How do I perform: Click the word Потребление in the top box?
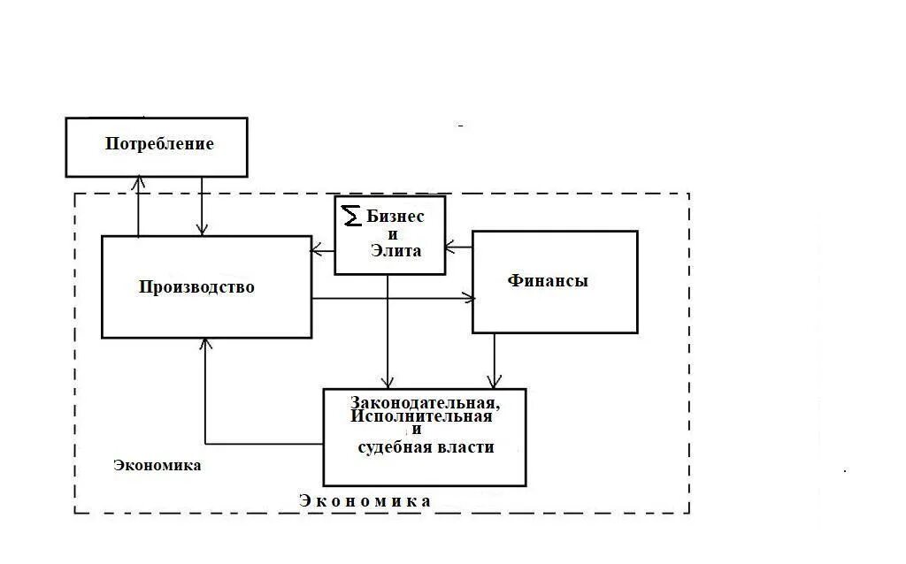tap(159, 144)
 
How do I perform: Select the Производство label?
tap(196, 287)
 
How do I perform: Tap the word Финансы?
tap(548, 281)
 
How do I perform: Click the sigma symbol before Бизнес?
tap(352, 215)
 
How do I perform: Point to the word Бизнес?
tap(395, 217)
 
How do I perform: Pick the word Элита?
tap(396, 251)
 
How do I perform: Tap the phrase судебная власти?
tap(426, 447)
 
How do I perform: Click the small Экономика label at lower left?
tap(157, 465)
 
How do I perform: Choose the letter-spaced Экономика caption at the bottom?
tap(365, 501)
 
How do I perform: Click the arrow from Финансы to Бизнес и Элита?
tap(458, 247)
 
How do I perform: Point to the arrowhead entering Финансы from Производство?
tap(468, 299)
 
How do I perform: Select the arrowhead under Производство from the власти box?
tap(205, 345)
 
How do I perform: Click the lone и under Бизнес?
tap(393, 234)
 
